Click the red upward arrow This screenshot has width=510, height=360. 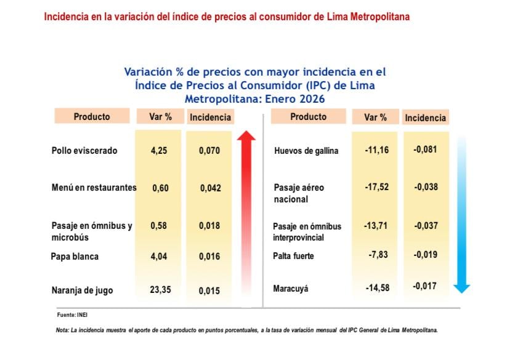[x=247, y=209]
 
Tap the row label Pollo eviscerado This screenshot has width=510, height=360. [x=84, y=150]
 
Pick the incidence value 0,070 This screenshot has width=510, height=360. [x=210, y=150]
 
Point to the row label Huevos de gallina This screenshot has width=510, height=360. [x=306, y=151]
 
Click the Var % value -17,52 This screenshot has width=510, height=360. [x=376, y=187]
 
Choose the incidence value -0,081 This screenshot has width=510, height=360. [x=426, y=150]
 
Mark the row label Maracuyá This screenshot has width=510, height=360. [x=291, y=288]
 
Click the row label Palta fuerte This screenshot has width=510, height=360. [x=293, y=255]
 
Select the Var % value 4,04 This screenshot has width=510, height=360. [x=160, y=255]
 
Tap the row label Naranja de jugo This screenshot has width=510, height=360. [x=83, y=290]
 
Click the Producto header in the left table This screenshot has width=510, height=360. [x=92, y=116]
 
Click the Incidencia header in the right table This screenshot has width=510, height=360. [x=425, y=118]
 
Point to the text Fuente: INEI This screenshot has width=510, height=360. [x=71, y=315]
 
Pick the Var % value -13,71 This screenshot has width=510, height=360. [x=376, y=226]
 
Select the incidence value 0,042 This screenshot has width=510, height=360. [x=210, y=188]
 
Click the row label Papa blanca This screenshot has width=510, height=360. [x=75, y=256]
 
